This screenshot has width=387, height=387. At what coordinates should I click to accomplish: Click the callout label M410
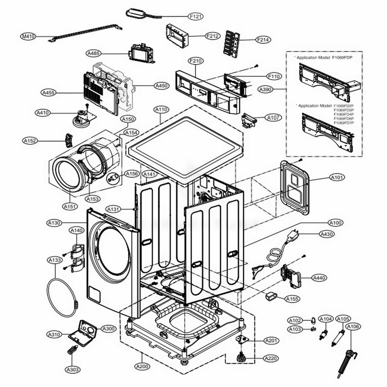point(28,37)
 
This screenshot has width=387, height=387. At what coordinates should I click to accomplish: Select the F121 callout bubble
point(196,17)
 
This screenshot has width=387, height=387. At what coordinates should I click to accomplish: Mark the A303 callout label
point(73,370)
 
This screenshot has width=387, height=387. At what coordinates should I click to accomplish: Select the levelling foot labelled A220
point(241,356)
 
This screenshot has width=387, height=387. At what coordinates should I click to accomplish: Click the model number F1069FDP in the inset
point(342,57)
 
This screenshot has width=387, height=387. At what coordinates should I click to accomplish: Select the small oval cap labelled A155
point(270,297)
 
